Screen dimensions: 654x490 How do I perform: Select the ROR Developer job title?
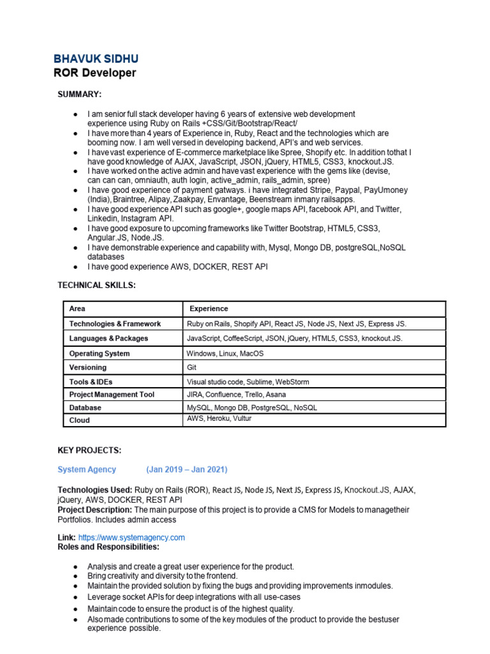pyautogui.click(x=94, y=73)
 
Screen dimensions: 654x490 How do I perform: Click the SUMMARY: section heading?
pyautogui.click(x=80, y=95)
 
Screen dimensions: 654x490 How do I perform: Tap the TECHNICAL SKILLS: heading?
pyautogui.click(x=96, y=285)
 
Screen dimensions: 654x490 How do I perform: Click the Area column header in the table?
pyautogui.click(x=77, y=308)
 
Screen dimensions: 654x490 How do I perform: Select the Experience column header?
pyautogui.click(x=209, y=308)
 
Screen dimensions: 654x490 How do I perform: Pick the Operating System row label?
pyautogui.click(x=99, y=353)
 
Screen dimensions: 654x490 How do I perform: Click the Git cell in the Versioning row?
pyautogui.click(x=191, y=368)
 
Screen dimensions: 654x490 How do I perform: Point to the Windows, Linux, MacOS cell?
pyautogui.click(x=225, y=353)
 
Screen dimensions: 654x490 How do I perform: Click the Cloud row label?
pyautogui.click(x=79, y=420)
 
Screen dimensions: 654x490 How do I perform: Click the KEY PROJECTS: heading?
pyautogui.click(x=89, y=450)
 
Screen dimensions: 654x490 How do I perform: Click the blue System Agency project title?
pyautogui.click(x=87, y=469)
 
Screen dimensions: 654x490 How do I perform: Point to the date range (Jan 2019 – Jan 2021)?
pyautogui.click(x=186, y=469)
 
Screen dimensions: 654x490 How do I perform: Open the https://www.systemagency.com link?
pyautogui.click(x=131, y=538)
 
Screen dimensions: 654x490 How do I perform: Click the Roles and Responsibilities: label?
pyautogui.click(x=108, y=547)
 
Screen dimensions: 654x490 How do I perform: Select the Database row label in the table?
pyautogui.click(x=85, y=407)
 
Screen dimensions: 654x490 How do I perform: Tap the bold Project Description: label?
pyautogui.click(x=95, y=510)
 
